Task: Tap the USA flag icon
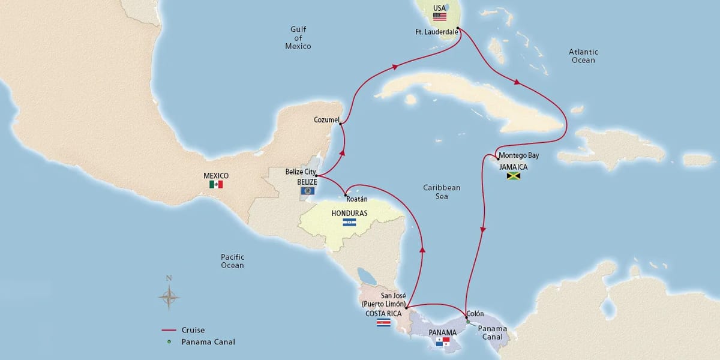[440, 17]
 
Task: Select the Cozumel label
[326, 120]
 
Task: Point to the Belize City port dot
[316, 176]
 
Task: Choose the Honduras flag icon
[349, 223]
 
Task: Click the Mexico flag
[216, 185]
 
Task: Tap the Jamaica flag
[513, 176]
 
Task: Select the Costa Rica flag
[383, 323]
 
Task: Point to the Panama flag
[442, 342]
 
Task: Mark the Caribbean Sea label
[441, 192]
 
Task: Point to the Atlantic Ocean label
[583, 56]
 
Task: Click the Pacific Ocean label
[232, 261]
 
